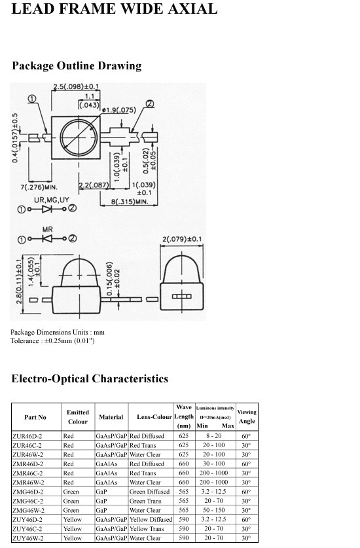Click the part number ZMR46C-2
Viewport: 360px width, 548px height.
tap(27, 473)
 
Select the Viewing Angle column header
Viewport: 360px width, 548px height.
tap(247, 416)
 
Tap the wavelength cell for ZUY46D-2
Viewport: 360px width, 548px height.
tap(184, 519)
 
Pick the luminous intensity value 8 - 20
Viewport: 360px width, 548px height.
tap(214, 436)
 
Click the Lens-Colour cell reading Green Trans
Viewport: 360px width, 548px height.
tap(145, 501)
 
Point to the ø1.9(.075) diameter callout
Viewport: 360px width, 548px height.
tap(119, 110)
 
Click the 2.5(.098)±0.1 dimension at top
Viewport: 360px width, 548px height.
tap(76, 86)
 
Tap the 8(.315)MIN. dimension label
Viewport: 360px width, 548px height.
tap(130, 202)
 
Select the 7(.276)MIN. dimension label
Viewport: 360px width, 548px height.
tap(39, 187)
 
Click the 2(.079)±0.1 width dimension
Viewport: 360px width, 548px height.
tap(182, 240)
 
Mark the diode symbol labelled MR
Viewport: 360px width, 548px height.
tap(47, 239)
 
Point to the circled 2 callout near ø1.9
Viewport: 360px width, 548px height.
tap(150, 104)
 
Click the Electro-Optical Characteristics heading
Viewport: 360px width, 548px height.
tap(90, 378)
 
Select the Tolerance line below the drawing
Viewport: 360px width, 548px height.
tap(52, 340)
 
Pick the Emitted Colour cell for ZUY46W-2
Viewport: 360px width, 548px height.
tap(73, 538)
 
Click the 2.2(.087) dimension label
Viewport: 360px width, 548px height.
tap(94, 185)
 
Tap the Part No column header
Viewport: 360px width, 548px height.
tap(35, 417)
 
